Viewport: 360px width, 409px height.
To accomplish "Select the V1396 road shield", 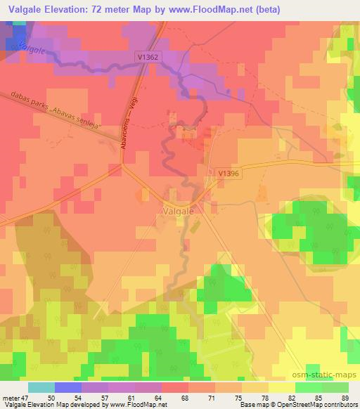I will (x=228, y=172).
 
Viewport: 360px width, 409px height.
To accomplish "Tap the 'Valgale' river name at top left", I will (x=33, y=48).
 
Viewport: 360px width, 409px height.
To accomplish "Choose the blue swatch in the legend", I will (x=68, y=387).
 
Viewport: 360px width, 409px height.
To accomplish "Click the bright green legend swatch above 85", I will (x=309, y=387).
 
